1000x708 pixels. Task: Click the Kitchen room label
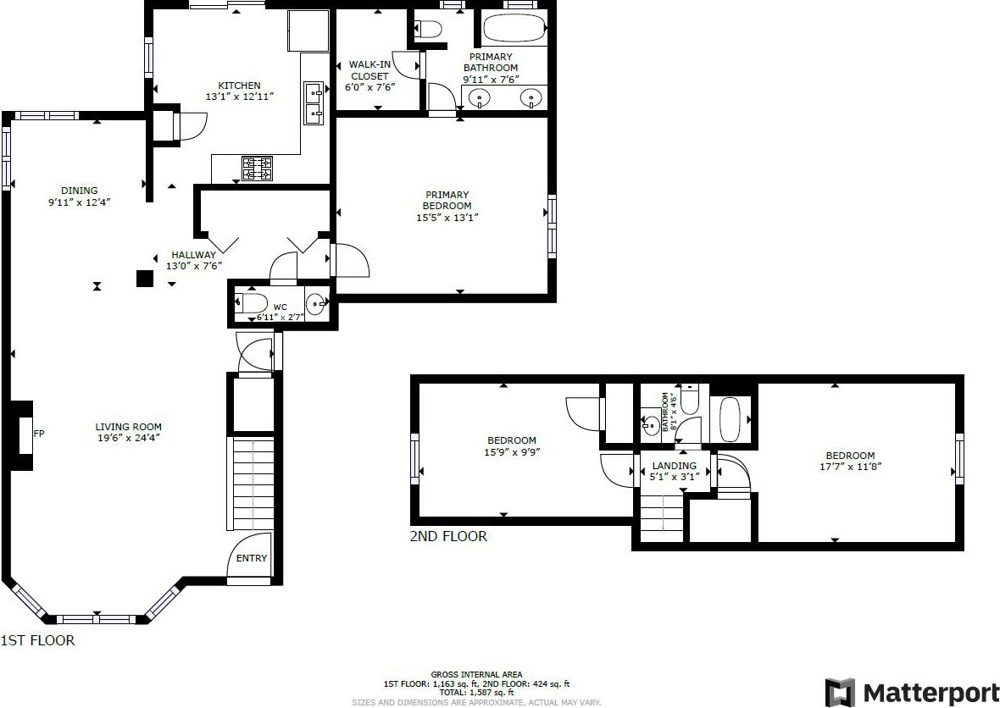click(x=239, y=86)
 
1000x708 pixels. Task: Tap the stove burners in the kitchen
click(x=257, y=169)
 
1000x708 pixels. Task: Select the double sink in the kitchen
click(x=314, y=103)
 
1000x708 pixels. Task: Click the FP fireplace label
click(x=39, y=434)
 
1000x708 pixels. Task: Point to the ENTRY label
click(x=252, y=558)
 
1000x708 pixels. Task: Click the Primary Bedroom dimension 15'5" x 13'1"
click(x=447, y=218)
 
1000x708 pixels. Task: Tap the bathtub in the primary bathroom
click(x=514, y=28)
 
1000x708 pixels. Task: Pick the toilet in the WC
click(x=251, y=302)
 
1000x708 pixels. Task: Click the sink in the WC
click(x=316, y=302)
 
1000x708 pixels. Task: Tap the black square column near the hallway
click(x=145, y=279)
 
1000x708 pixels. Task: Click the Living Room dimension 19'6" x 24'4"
click(x=129, y=438)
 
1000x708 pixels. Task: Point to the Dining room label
click(x=80, y=191)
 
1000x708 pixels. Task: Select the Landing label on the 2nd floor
click(x=674, y=466)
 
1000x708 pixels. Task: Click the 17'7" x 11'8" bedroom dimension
click(x=850, y=467)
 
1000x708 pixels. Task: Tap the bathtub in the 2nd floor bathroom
click(x=731, y=419)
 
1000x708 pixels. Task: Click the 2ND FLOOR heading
click(x=448, y=537)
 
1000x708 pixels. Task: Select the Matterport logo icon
click(x=840, y=692)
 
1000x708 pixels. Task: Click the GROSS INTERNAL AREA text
click(x=476, y=674)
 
